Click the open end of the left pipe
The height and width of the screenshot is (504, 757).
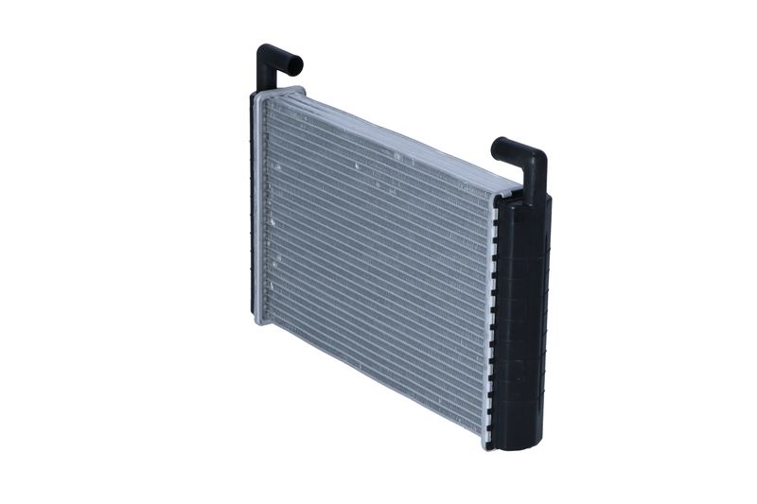[x=295, y=65]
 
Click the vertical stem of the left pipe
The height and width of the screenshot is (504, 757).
[x=264, y=76]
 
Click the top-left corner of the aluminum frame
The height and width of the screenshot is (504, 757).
[x=257, y=95]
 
